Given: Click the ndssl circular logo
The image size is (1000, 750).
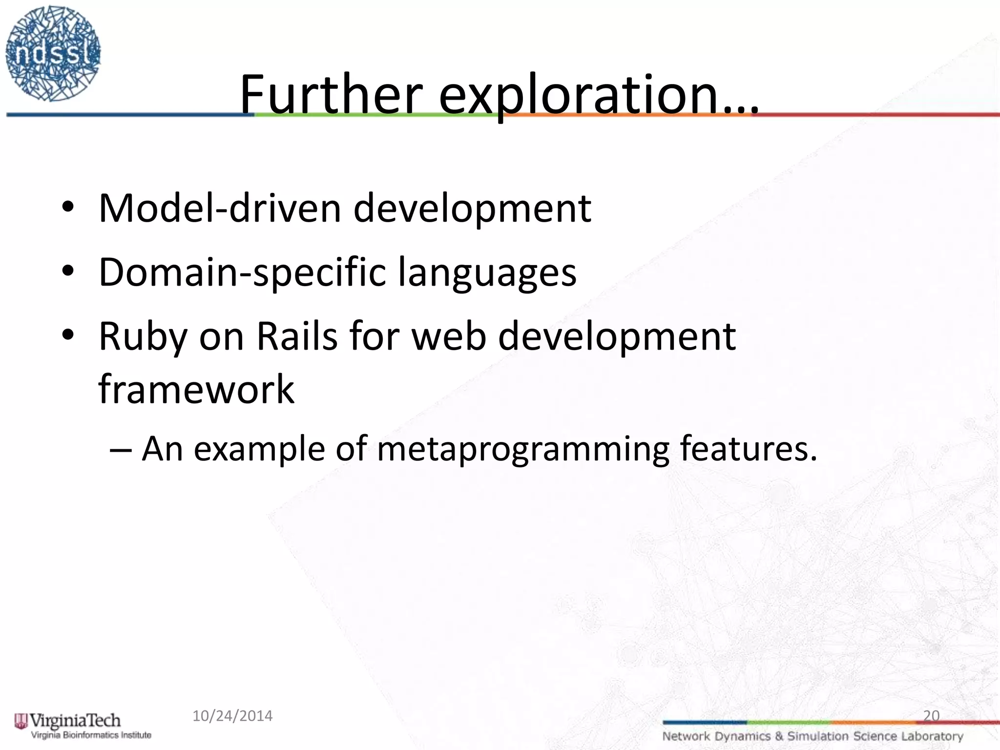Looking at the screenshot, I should pyautogui.click(x=53, y=54).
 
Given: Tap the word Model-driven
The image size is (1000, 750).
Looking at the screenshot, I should pyautogui.click(x=219, y=208).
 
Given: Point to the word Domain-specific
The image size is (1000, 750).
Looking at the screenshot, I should pyautogui.click(x=241, y=272).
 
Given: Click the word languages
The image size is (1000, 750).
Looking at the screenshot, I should pyautogui.click(x=487, y=272).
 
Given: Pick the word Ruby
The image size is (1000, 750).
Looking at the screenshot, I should pyautogui.click(x=143, y=337).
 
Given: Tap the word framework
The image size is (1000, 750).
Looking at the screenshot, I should pyautogui.click(x=196, y=389).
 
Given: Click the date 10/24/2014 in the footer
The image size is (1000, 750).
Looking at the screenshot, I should pyautogui.click(x=232, y=716).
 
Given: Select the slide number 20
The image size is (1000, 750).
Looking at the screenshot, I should pyautogui.click(x=931, y=716).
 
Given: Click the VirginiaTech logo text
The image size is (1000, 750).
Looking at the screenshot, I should pyautogui.click(x=75, y=720).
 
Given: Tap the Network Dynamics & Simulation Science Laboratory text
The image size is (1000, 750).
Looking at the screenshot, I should pyautogui.click(x=812, y=736).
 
